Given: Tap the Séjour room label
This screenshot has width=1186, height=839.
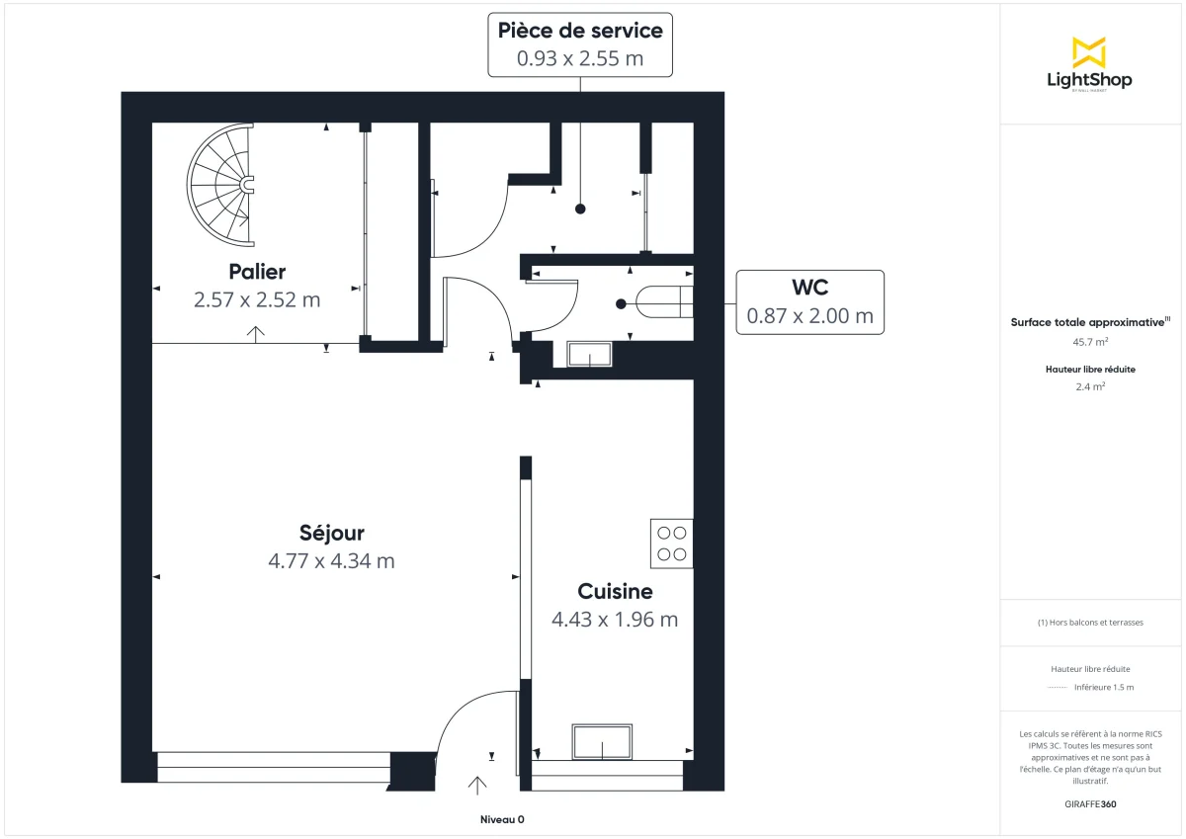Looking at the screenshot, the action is [x=331, y=534].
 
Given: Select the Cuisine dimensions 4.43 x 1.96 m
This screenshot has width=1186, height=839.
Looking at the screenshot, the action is [x=615, y=620].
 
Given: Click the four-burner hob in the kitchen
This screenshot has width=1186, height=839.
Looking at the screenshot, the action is [x=671, y=543].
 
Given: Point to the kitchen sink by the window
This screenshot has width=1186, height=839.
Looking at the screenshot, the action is [x=602, y=742].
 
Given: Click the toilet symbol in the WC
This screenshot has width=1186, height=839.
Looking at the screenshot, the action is [x=665, y=300].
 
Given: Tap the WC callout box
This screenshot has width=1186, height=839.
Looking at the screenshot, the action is [x=809, y=301].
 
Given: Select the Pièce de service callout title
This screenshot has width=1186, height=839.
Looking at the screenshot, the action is [x=580, y=31].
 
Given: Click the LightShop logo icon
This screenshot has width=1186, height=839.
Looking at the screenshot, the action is [x=1089, y=52].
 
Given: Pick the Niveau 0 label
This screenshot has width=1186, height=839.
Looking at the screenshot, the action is [x=502, y=820].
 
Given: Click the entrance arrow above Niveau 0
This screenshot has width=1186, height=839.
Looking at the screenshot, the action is [x=477, y=786].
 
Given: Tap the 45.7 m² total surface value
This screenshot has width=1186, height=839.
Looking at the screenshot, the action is [x=1089, y=341].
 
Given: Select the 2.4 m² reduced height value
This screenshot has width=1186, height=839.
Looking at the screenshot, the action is [x=1089, y=386].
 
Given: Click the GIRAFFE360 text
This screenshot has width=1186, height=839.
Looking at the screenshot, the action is [x=1089, y=804].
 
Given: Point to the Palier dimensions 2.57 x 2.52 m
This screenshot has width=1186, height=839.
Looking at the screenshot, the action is [x=257, y=299].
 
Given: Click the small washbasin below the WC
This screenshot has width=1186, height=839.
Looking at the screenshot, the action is [x=589, y=355].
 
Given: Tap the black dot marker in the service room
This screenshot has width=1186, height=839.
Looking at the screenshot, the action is [x=580, y=209].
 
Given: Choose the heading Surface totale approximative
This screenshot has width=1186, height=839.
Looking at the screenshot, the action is [x=1087, y=322].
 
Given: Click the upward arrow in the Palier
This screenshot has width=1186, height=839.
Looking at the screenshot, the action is [x=257, y=333].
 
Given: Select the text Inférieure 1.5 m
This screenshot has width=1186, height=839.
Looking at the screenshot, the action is [x=1104, y=687].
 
